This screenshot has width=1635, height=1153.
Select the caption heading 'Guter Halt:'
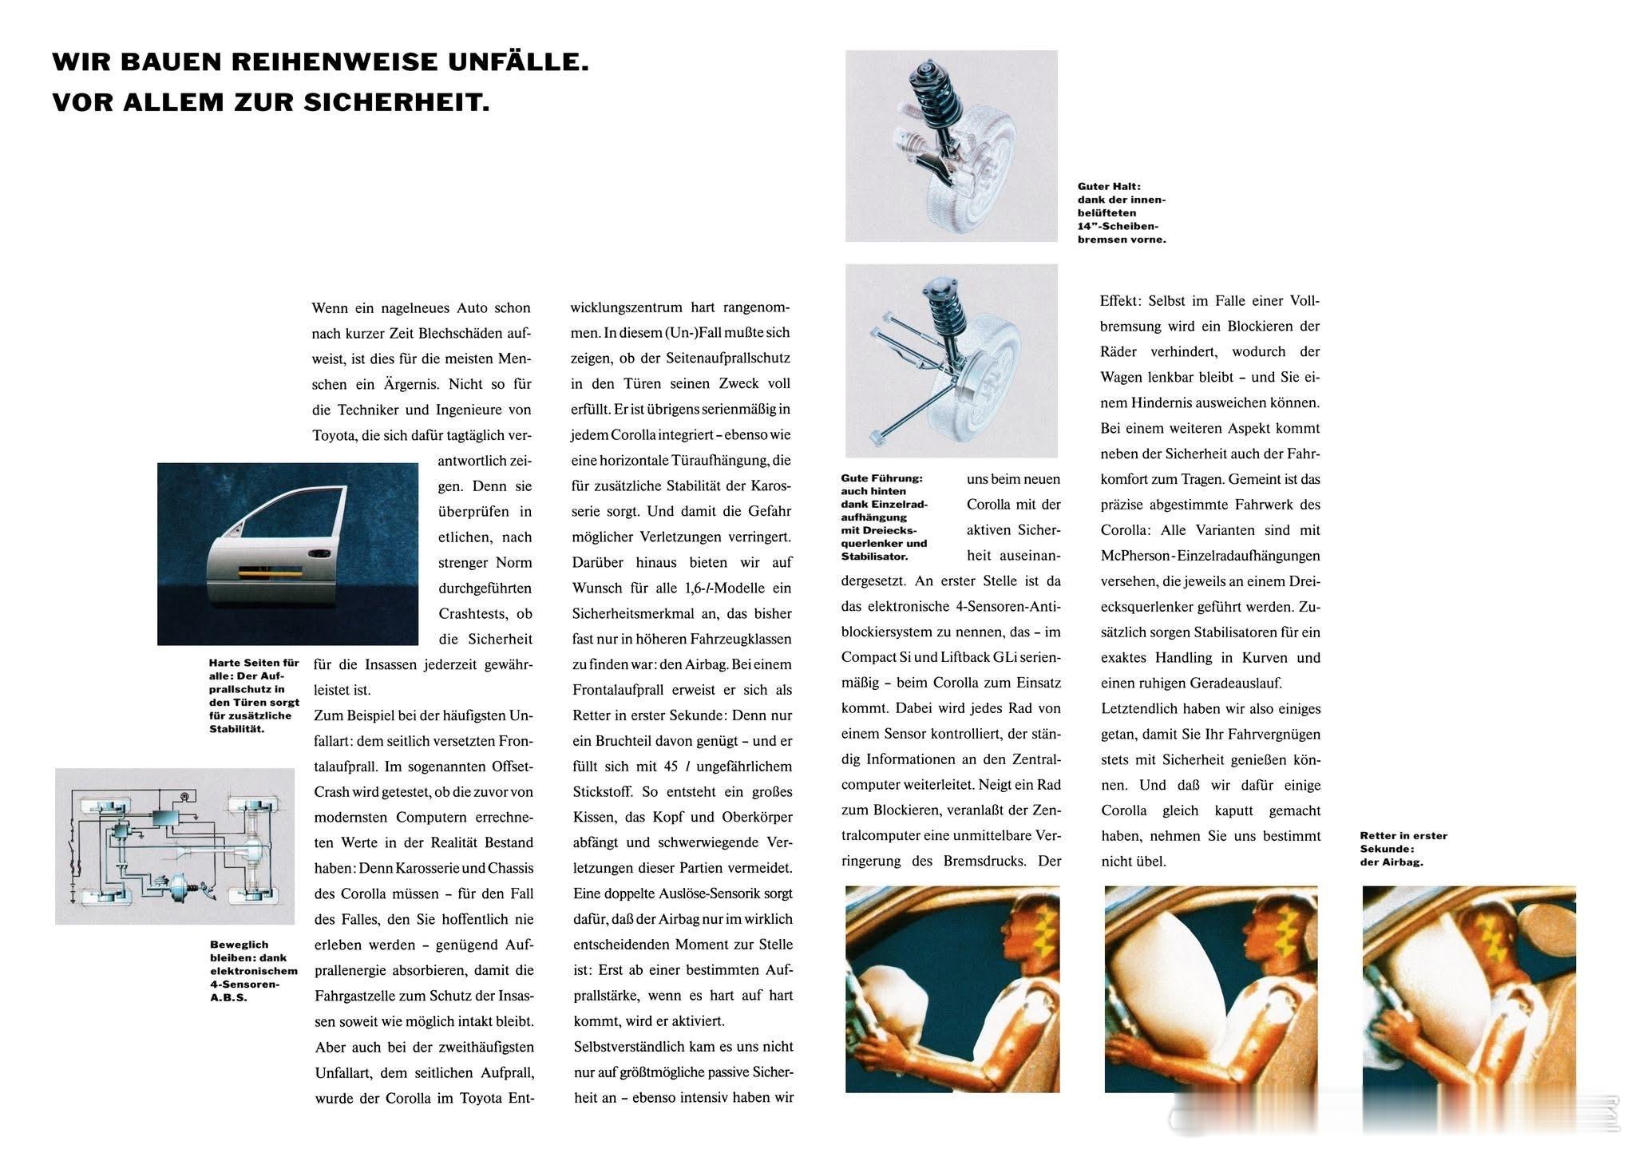point(1109,186)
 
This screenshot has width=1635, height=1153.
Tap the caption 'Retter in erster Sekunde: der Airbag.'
point(1403,848)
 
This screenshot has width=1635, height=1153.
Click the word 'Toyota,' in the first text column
point(335,435)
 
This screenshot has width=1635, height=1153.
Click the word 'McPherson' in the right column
point(1134,556)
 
